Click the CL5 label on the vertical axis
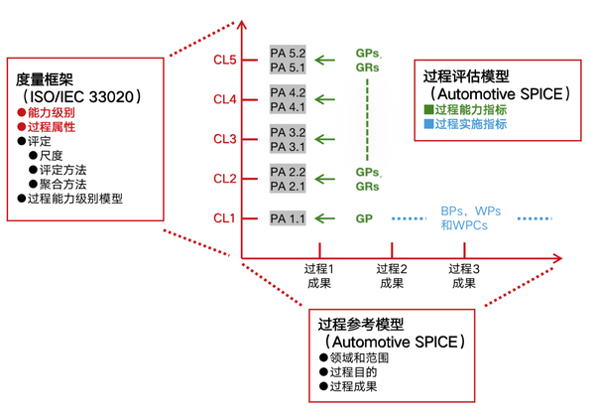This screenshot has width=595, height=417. coord(223,61)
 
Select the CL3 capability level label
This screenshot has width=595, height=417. coord(223,139)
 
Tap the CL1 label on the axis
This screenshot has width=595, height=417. coord(223,218)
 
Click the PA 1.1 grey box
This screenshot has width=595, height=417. coord(289,218)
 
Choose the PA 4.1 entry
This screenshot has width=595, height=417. coord(289,106)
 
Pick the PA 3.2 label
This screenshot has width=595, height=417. coord(289,132)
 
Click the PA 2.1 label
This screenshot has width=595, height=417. coord(289,186)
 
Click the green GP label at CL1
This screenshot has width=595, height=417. coord(365,218)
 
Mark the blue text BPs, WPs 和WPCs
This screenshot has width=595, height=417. coord(469,218)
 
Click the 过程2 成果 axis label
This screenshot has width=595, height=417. coord(392,275)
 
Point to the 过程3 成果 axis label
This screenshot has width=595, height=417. coord(463,275)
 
